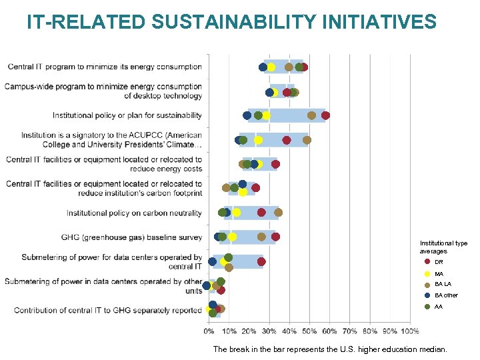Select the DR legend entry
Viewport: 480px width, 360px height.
439,262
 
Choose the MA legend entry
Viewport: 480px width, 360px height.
439,274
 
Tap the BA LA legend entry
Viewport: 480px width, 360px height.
442,285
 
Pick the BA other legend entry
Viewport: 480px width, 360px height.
445,295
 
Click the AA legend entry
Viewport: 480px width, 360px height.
438,307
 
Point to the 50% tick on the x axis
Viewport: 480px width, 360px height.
310,331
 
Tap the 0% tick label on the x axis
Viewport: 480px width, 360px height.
209,331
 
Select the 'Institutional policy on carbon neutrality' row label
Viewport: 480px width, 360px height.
134,213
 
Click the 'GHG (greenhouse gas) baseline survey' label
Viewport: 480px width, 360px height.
131,237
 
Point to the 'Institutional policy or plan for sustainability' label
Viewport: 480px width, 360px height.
127,115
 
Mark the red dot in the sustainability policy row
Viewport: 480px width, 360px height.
325,115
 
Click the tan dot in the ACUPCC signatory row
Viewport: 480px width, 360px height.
307,140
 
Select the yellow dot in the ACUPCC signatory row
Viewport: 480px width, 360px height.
258,140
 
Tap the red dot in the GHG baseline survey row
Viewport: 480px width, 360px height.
275,237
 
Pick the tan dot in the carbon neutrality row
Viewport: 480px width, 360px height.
278,212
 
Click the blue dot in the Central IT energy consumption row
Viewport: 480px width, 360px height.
263,67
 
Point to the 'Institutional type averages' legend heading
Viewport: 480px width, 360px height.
443,247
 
